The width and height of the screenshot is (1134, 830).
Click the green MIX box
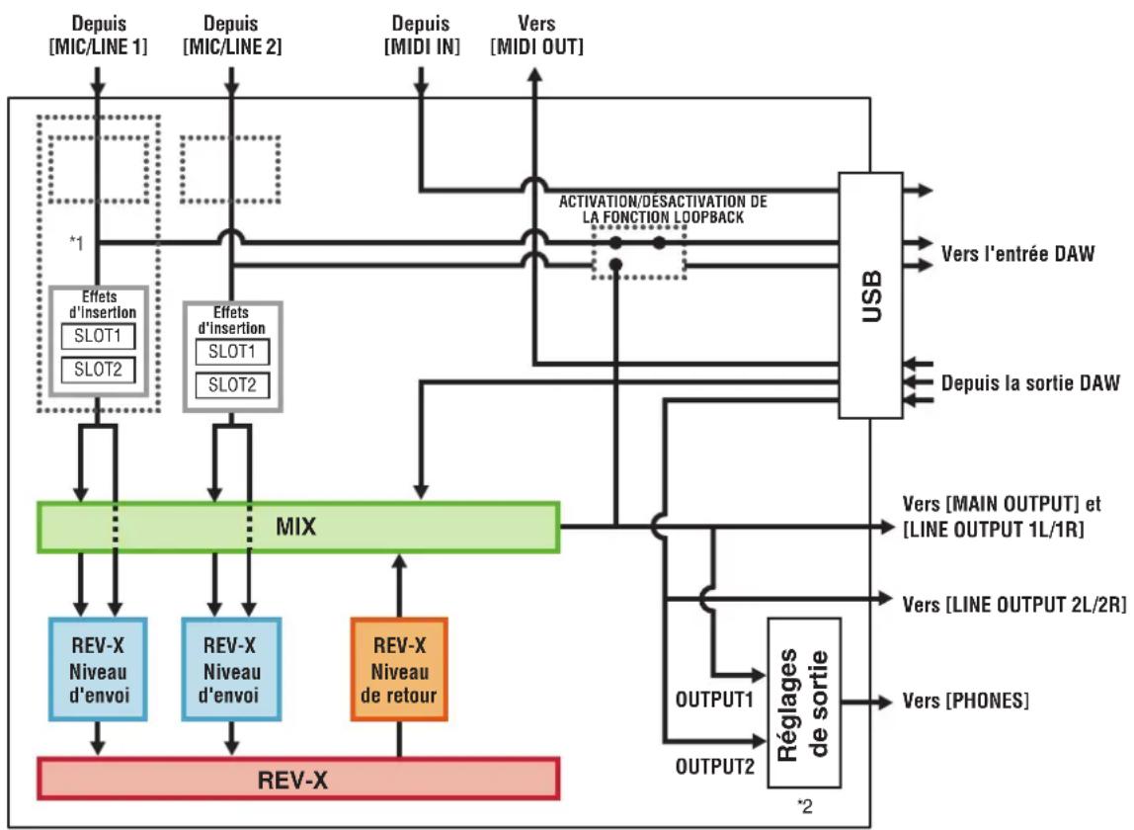click(x=298, y=528)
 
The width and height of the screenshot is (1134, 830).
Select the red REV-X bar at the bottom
click(x=298, y=779)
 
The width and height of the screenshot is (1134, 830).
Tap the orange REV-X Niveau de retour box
click(x=399, y=669)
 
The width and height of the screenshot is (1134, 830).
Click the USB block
click(x=871, y=295)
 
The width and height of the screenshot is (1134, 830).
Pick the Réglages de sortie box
click(x=803, y=703)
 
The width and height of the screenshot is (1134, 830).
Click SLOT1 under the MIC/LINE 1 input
click(x=99, y=336)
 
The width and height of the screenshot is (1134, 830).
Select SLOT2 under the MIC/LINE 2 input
click(x=232, y=385)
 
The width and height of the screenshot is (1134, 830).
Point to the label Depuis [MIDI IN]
click(x=421, y=35)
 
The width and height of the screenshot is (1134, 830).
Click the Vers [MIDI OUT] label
click(x=536, y=35)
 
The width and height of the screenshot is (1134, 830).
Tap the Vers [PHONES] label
click(x=965, y=701)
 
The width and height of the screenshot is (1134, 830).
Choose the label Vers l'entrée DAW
click(x=1017, y=253)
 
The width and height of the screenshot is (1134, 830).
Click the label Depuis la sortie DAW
click(x=1030, y=382)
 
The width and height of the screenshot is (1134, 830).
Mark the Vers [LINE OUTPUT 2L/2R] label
click(x=1014, y=604)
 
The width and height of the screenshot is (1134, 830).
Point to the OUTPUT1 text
click(x=714, y=700)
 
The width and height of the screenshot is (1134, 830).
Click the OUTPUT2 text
click(x=714, y=766)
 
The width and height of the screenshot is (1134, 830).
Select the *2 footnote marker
click(x=804, y=805)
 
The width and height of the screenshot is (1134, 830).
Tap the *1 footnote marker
click(x=76, y=243)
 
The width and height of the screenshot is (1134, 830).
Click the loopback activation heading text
click(x=663, y=209)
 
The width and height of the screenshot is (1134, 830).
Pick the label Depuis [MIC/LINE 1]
click(x=99, y=35)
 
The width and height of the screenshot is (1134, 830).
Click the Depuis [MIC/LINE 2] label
click(x=232, y=35)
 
